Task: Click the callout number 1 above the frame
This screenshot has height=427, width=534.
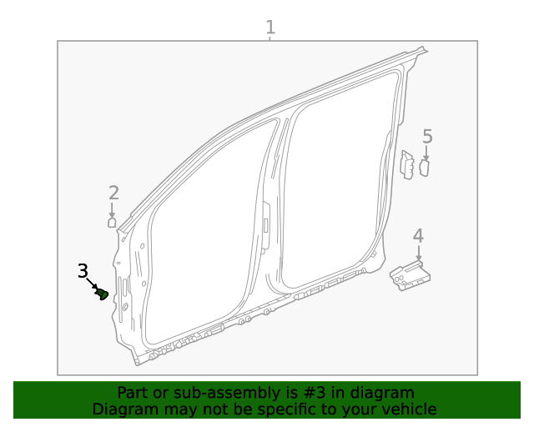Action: pos(270,27)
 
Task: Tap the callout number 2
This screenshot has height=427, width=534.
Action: pos(113,193)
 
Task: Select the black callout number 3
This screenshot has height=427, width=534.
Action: pos(83,271)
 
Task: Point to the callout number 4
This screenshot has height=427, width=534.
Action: pos(418,236)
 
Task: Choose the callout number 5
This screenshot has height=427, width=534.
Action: pos(427,137)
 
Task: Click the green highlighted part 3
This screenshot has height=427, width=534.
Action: pos(103,294)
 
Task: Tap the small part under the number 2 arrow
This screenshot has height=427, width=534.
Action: pos(112,222)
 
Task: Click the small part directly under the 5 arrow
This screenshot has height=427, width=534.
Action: pos(424,168)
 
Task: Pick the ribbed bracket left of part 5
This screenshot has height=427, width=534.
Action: pos(407,164)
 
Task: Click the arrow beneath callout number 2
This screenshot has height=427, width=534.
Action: pos(113,210)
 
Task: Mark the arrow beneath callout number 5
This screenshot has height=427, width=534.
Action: pos(426,153)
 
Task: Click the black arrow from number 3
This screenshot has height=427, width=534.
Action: pos(93,284)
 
